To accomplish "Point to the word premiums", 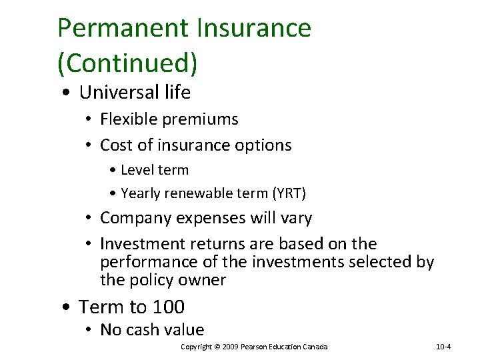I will pos(201,120).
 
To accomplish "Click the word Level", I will pos(137,170).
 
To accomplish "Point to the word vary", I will pos(297,219).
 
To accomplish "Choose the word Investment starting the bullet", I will pos(140,244).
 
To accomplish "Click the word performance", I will pos(143,263).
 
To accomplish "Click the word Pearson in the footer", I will pos(256,347).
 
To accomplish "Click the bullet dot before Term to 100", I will pos(65,308).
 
